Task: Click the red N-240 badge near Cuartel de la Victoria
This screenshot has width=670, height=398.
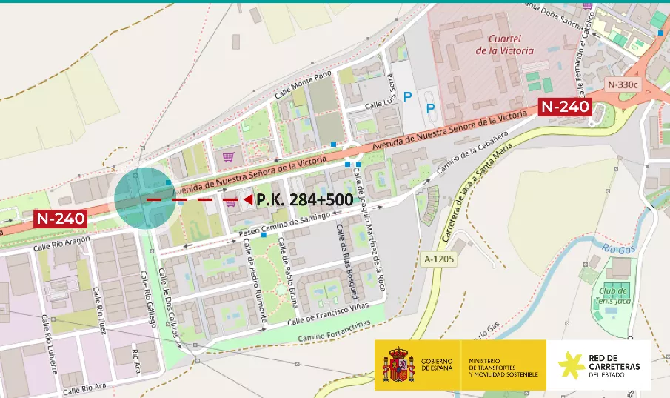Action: coord(565,107)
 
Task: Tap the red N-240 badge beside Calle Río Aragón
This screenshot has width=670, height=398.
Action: coord(61,219)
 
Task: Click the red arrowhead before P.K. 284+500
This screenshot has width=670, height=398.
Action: coord(247,200)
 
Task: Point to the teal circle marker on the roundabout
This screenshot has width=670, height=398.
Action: coord(144,199)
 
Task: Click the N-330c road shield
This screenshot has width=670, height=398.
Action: coord(622,84)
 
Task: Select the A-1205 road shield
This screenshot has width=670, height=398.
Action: coord(438,259)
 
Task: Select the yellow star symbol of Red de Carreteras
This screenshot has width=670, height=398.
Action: coord(570,365)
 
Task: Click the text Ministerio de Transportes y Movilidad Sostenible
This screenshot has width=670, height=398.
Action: coord(503,365)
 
